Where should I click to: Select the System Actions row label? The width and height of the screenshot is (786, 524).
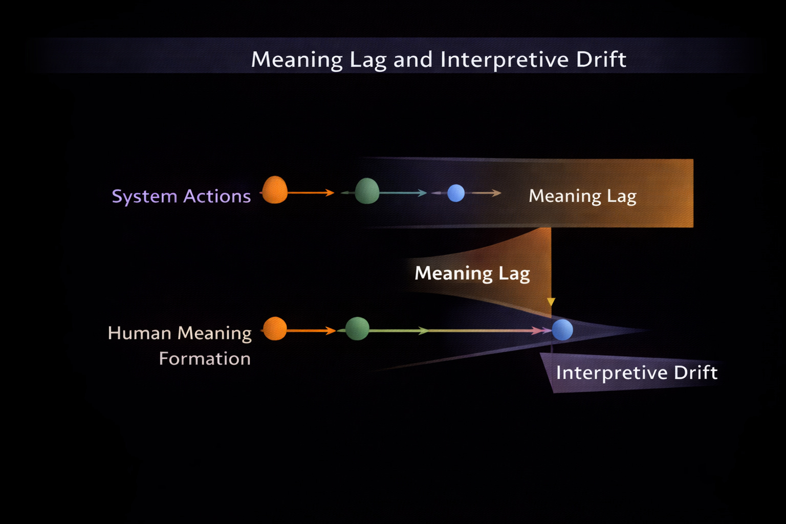click(181, 196)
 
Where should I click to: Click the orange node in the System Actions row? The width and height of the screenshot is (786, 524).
click(275, 190)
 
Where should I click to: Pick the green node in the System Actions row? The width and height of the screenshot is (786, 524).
click(367, 191)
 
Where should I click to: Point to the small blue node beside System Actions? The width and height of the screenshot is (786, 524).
click(456, 193)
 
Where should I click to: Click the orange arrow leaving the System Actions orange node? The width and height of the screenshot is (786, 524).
click(310, 193)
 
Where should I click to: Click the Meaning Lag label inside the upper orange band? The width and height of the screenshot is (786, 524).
click(582, 196)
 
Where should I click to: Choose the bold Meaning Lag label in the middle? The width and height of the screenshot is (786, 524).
click(472, 274)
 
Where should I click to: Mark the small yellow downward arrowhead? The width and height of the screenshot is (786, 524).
click(551, 302)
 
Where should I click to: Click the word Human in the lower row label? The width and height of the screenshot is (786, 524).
click(139, 333)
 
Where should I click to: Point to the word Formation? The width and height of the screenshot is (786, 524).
click(205, 359)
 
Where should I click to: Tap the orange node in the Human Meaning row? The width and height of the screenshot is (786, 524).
click(275, 329)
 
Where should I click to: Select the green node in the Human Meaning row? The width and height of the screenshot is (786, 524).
click(357, 329)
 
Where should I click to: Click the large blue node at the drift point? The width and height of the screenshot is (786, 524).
click(562, 330)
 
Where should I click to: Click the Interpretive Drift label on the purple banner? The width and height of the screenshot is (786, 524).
click(637, 373)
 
